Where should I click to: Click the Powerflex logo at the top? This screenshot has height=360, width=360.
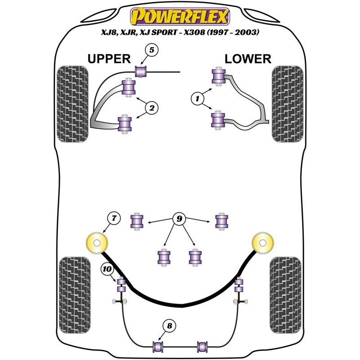pos(180,17)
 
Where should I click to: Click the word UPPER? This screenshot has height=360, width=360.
pos(109,58)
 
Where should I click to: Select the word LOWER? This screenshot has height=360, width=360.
pos(248,58)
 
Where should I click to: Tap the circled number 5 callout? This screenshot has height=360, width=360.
pos(152,50)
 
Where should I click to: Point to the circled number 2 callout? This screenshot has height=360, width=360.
pos(152,108)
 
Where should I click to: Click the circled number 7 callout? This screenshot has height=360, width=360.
pos(114,219)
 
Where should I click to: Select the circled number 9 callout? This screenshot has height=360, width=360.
pos(179,219)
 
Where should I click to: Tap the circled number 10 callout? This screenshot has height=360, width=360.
pos(107,269)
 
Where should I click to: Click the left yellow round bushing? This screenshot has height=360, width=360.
pos(97,245)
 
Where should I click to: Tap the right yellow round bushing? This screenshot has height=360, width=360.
pos(263,244)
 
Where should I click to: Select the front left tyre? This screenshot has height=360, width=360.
pos(73,103)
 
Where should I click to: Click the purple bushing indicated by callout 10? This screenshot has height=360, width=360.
pos(121,285)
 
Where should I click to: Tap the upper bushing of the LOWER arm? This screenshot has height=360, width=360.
pos(219,76)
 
